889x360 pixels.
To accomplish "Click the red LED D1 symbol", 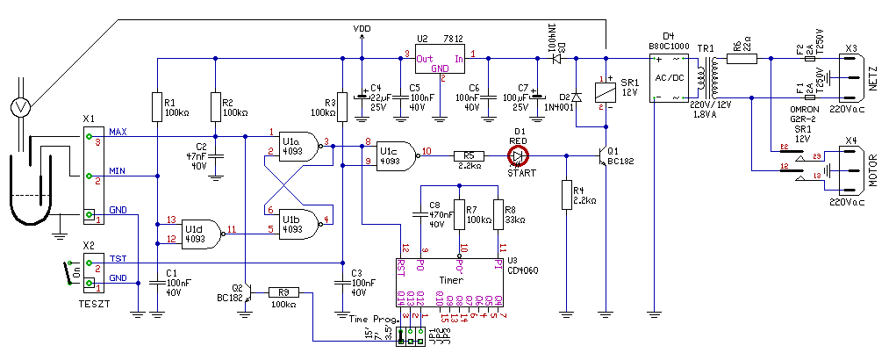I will tap(519, 156).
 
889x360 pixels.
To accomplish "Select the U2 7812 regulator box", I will tap(441, 61).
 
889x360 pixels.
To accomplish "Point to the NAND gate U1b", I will tap(297, 224).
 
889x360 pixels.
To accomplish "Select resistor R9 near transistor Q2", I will tap(283, 292).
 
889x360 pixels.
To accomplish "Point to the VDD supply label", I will tap(362, 29).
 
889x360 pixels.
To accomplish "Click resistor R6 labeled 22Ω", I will tap(745, 60).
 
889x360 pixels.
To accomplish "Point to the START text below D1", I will tap(520, 173).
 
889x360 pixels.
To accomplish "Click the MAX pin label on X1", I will tap(118, 132).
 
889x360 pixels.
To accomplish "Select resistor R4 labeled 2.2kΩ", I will tap(565, 198).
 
